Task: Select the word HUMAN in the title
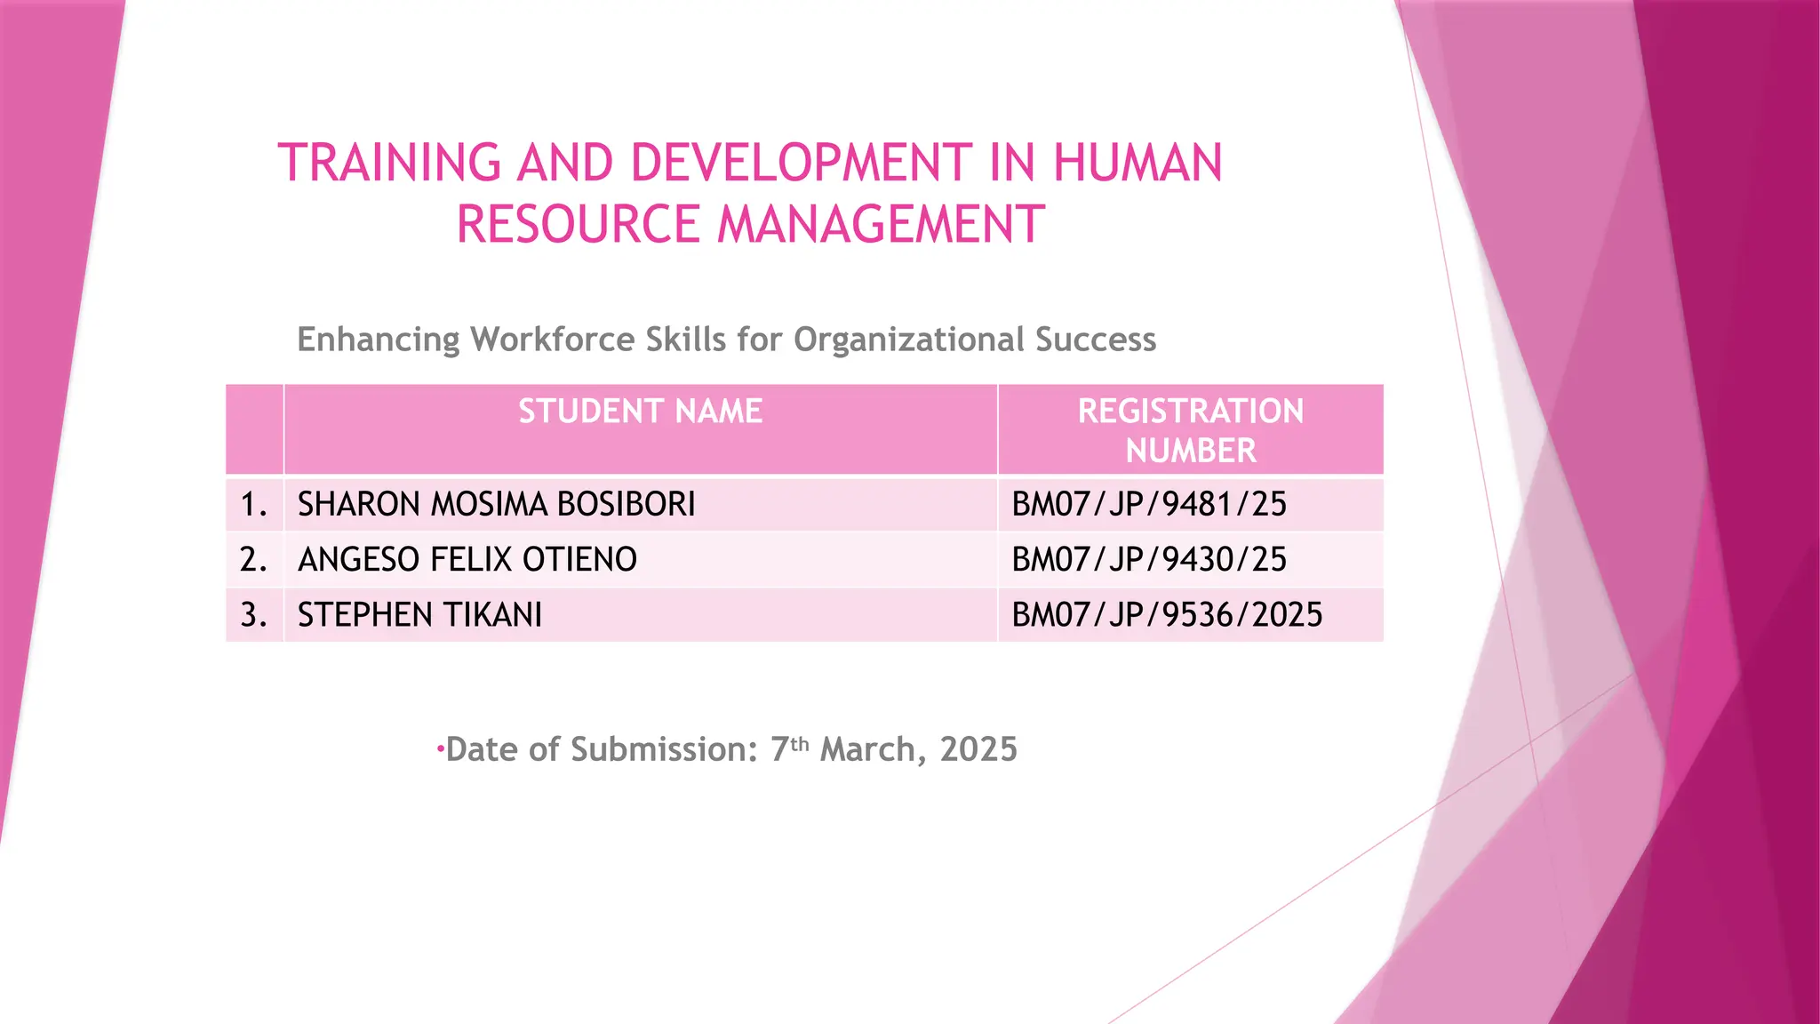pyautogui.click(x=1137, y=164)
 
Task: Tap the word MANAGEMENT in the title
pyautogui.click(x=881, y=224)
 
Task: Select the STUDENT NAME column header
pyautogui.click(x=640, y=412)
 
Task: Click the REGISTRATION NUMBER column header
pyautogui.click(x=1190, y=430)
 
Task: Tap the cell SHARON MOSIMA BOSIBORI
pyautogui.click(x=496, y=504)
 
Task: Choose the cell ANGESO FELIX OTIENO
pyautogui.click(x=467, y=559)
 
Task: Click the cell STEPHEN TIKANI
pyautogui.click(x=419, y=615)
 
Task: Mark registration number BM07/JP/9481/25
pyautogui.click(x=1149, y=504)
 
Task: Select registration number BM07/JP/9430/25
pyautogui.click(x=1149, y=559)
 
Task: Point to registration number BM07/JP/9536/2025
pyautogui.click(x=1167, y=615)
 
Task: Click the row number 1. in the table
pyautogui.click(x=253, y=504)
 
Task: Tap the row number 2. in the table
pyautogui.click(x=253, y=559)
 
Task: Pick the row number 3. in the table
pyautogui.click(x=253, y=615)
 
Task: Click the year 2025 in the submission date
pyautogui.click(x=978, y=749)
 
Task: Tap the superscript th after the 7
pyautogui.click(x=800, y=743)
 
